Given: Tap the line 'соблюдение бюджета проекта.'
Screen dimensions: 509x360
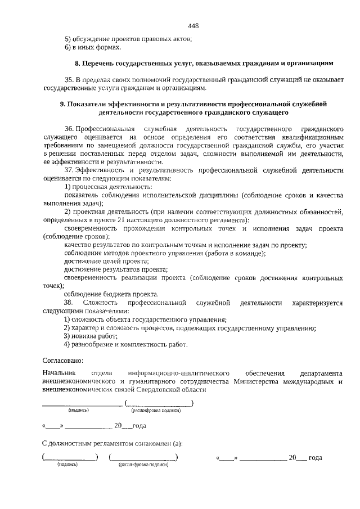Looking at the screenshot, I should click(x=111, y=294).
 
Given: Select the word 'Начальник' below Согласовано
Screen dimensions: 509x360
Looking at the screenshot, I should click(x=58, y=373).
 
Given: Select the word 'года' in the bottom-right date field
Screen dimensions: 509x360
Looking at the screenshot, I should click(x=316, y=458).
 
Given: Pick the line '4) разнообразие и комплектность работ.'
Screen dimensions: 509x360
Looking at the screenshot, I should click(x=125, y=344).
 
